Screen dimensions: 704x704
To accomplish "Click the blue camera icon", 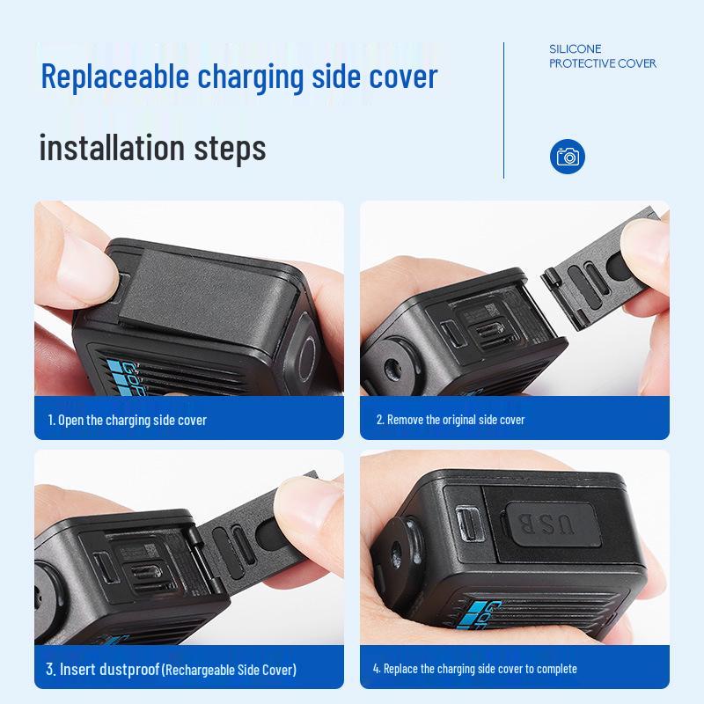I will (x=568, y=157).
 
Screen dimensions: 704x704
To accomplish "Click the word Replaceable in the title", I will (x=114, y=77).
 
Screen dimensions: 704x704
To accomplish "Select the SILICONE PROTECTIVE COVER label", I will (x=603, y=56).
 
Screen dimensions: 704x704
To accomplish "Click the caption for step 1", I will (x=127, y=420).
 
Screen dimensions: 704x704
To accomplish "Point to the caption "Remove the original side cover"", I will (x=450, y=420).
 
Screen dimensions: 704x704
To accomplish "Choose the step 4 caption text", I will (x=474, y=669).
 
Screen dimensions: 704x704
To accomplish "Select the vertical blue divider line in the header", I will (x=504, y=110).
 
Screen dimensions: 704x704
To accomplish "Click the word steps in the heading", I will (x=232, y=147).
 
